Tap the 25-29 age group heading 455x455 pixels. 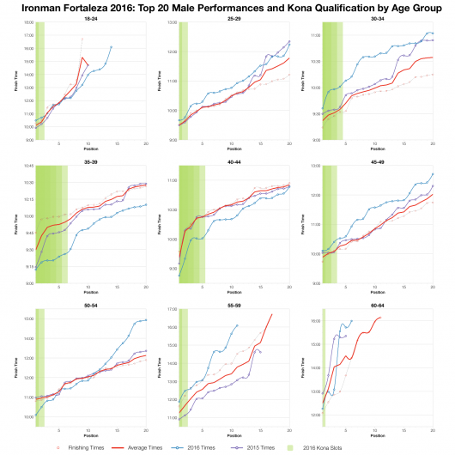[233, 18]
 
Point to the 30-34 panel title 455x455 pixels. [376, 18]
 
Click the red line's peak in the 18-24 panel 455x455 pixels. [82, 58]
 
